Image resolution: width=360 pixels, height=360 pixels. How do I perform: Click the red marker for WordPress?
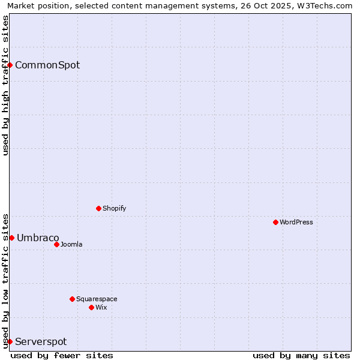pos(275,222)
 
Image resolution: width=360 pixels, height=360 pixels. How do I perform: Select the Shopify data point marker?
pos(98,208)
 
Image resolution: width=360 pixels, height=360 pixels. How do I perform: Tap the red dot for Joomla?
pos(56,244)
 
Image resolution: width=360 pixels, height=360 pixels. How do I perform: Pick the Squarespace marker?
pos(72,299)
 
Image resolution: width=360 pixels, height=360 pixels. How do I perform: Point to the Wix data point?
pos(91,307)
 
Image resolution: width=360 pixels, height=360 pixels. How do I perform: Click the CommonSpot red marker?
pos(10,65)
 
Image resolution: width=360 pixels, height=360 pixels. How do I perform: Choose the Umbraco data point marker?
pos(11,238)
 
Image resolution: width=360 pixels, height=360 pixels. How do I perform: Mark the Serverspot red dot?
pos(10,341)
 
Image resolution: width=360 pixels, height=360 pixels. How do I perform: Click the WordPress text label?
pos(296,222)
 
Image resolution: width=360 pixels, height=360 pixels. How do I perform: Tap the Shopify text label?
pos(115,208)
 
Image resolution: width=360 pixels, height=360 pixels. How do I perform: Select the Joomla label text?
pos(71,244)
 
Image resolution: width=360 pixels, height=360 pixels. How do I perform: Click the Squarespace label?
pos(97,299)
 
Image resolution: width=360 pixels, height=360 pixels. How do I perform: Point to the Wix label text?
pos(101,307)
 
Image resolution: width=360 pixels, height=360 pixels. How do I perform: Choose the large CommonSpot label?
pos(47,65)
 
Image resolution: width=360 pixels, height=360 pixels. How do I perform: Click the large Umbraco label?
pos(38,238)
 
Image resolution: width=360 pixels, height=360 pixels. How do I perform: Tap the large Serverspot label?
pos(41,341)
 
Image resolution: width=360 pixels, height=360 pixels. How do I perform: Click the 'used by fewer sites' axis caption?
pos(62,355)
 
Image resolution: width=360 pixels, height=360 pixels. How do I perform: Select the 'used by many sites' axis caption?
pos(301,355)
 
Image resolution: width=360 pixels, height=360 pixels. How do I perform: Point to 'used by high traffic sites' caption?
pos(5,85)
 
